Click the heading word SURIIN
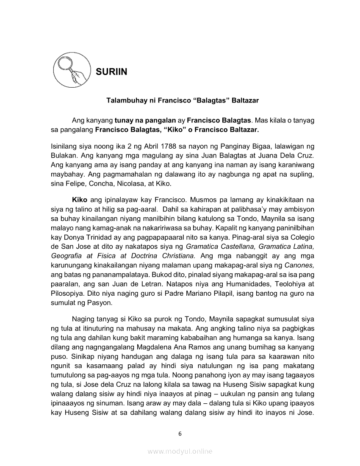point(111,72)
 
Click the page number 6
point(180,433)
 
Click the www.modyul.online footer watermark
point(180,452)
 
